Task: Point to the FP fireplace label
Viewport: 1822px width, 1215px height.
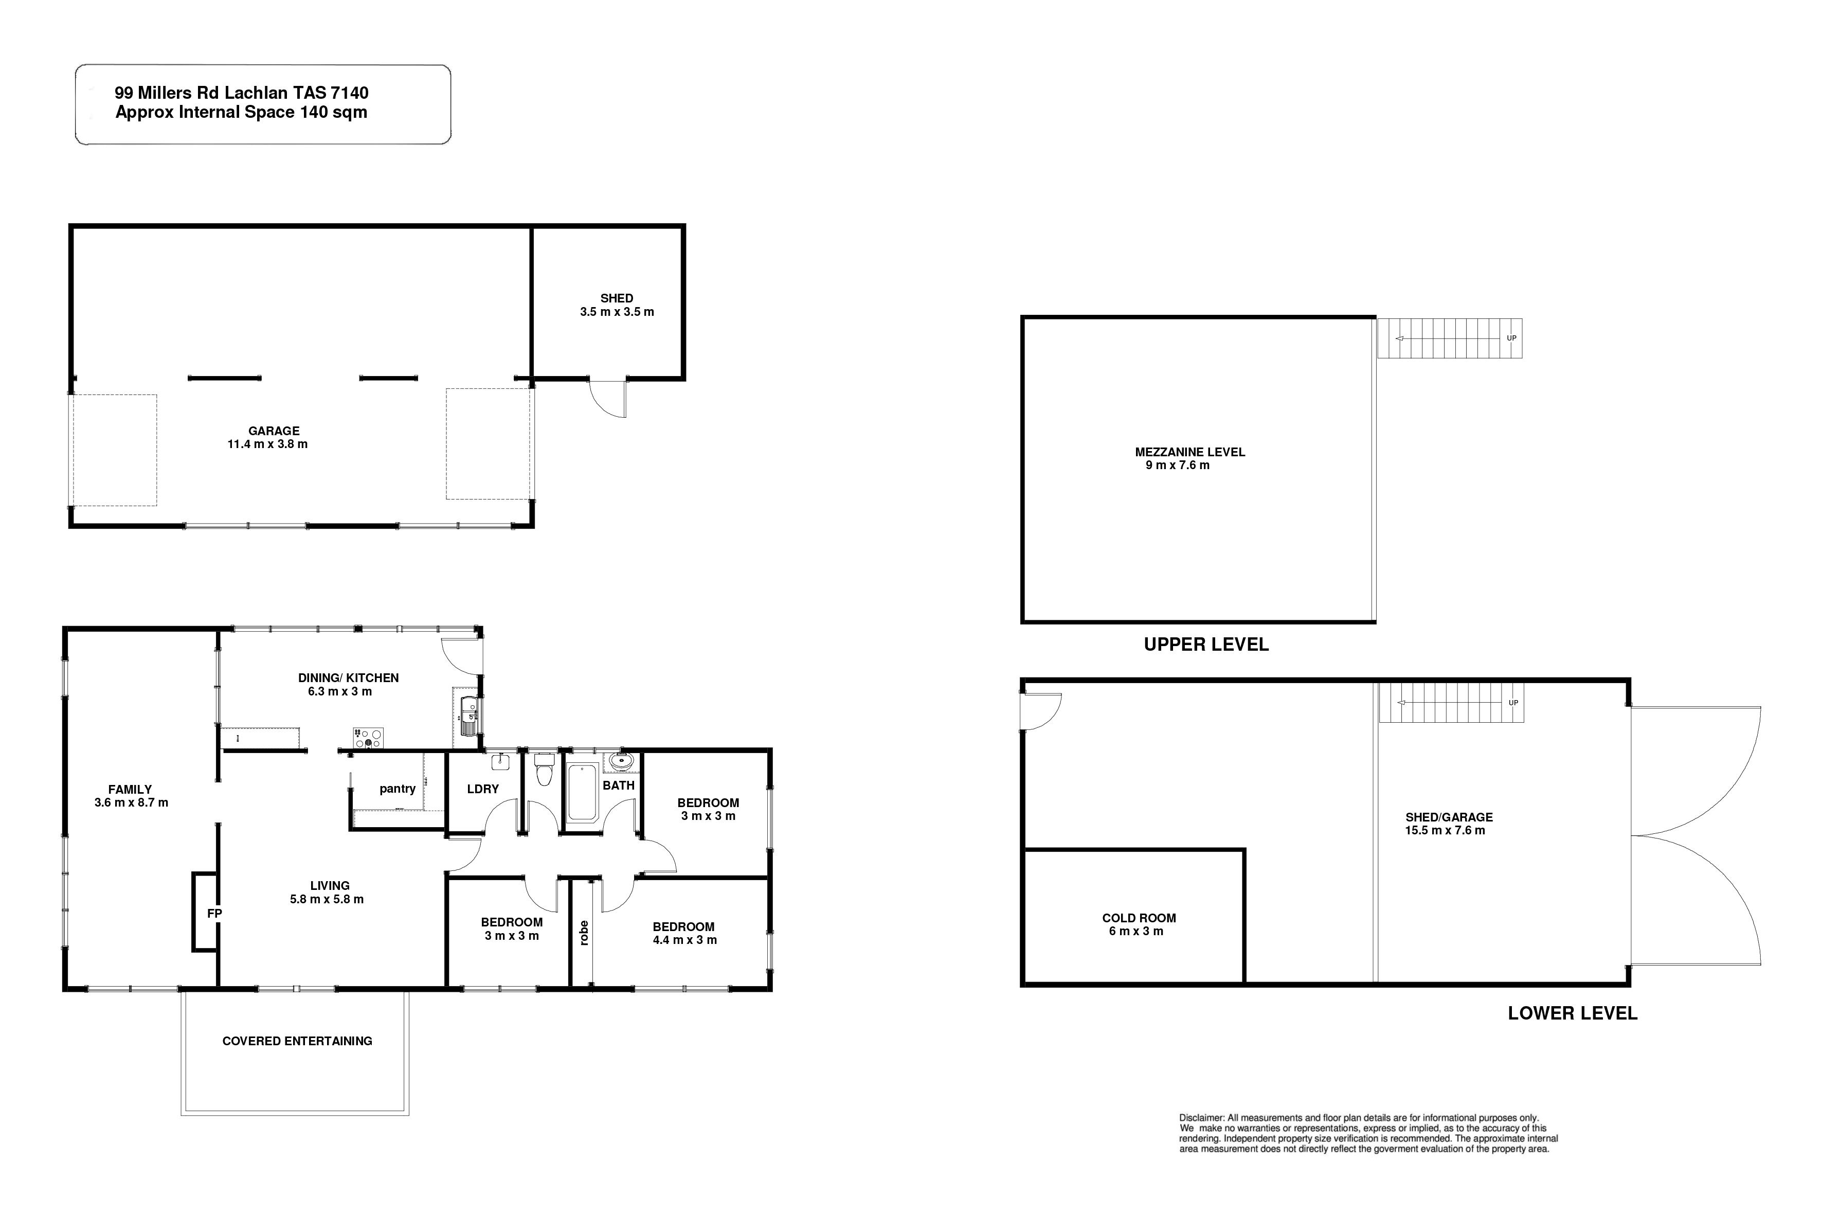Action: pyautogui.click(x=214, y=914)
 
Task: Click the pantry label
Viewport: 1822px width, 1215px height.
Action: pyautogui.click(x=398, y=789)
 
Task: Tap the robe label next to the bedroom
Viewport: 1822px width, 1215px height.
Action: pyautogui.click(x=584, y=933)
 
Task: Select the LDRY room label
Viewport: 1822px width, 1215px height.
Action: pyautogui.click(x=482, y=789)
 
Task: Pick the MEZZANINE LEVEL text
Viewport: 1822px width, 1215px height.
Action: pyautogui.click(x=1190, y=452)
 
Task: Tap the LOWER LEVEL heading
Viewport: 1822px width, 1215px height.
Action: pyautogui.click(x=1573, y=1013)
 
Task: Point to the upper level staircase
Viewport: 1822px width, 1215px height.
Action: pyautogui.click(x=1449, y=338)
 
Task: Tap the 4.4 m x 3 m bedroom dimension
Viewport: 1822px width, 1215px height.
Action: pyautogui.click(x=685, y=940)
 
